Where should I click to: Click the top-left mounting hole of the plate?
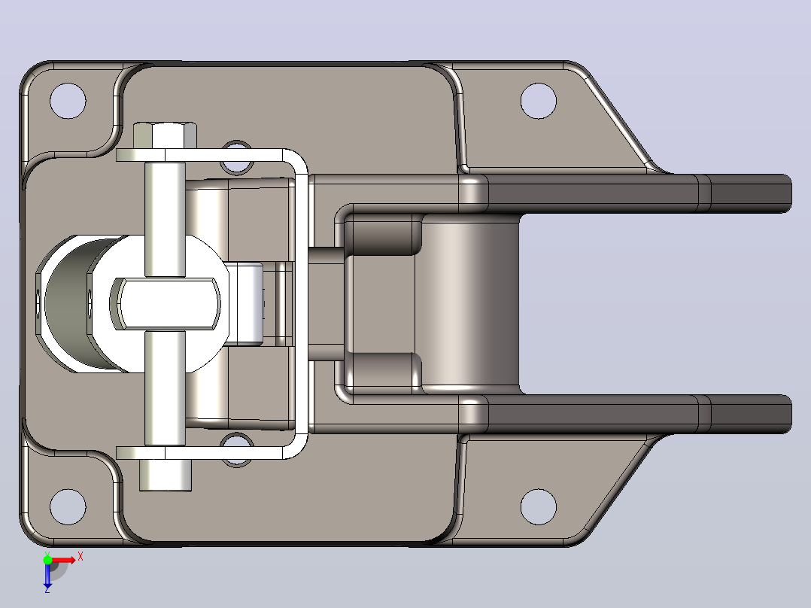(68, 100)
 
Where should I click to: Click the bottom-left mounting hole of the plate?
(68, 506)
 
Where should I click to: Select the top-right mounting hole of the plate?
(539, 100)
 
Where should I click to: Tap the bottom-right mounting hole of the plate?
(539, 506)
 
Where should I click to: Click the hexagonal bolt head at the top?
(165, 135)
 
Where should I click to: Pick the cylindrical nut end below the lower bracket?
(166, 475)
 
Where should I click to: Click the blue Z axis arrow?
(47, 575)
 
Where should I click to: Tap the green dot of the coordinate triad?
(47, 560)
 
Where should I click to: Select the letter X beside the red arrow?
(80, 557)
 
